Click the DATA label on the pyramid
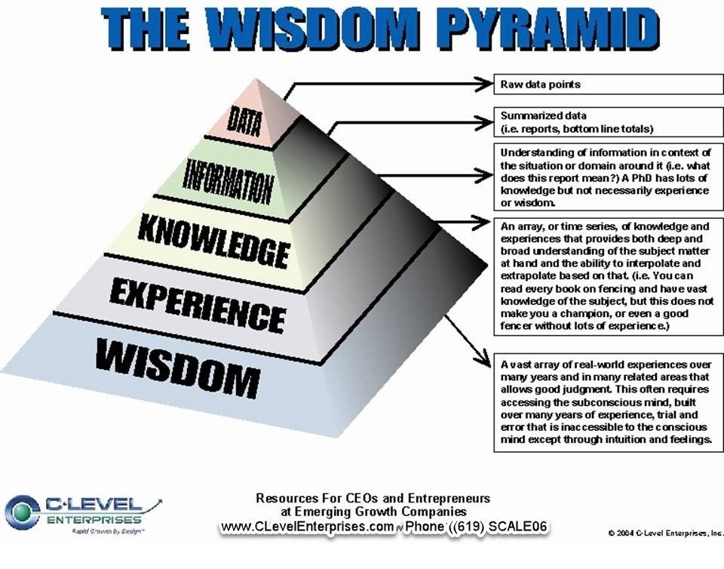[x=243, y=120]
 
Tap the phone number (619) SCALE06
[x=494, y=527]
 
